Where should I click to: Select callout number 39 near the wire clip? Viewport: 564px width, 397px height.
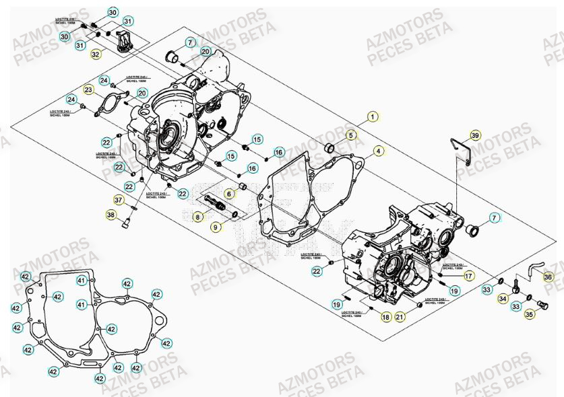(x=475, y=135)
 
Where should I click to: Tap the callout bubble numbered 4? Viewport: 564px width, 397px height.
(x=379, y=151)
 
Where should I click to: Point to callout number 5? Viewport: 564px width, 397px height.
(x=350, y=135)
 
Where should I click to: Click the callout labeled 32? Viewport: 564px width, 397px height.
(x=96, y=54)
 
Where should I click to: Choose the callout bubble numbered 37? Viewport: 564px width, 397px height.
(x=119, y=200)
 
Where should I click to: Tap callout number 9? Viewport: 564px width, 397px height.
(x=216, y=227)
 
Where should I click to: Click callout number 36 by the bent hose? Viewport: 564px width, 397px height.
(x=548, y=277)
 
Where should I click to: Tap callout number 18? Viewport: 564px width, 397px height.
(x=385, y=316)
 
